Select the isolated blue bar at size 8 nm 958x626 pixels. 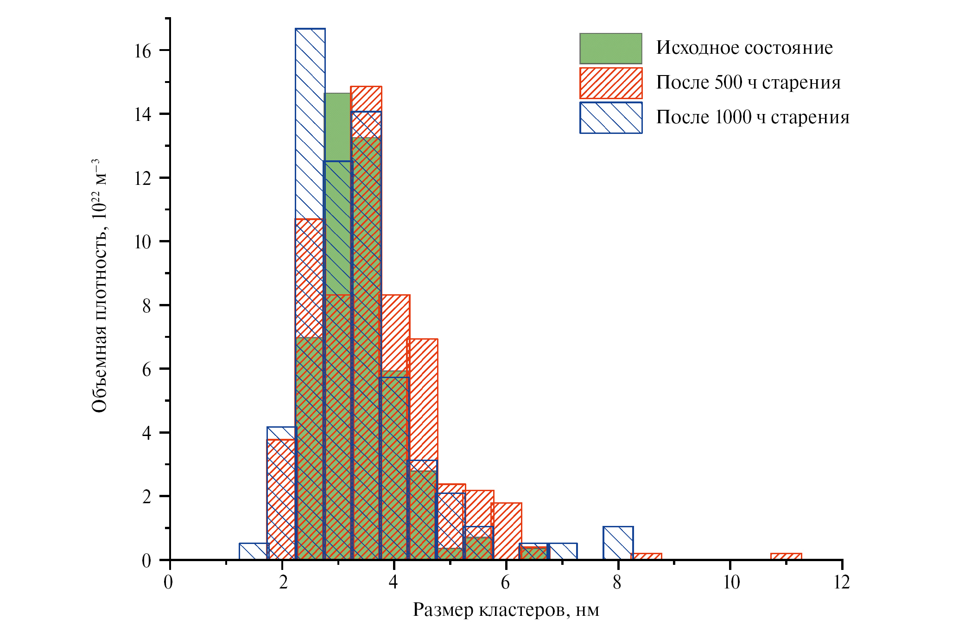coord(618,543)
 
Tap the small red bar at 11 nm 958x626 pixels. coord(786,556)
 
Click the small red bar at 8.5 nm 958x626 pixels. coord(646,556)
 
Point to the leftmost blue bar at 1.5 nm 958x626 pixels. coord(253,551)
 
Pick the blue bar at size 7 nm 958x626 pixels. coord(563,551)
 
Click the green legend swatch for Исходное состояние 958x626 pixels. coord(610,48)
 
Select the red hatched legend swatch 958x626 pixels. coord(610,83)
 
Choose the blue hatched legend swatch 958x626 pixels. coord(610,118)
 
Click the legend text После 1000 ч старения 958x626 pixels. coord(752,117)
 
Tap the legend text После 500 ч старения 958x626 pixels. coord(748,82)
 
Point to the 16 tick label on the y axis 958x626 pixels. coord(143,51)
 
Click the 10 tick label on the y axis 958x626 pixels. coord(143,242)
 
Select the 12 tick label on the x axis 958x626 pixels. coord(841,582)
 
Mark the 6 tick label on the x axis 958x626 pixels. coord(506,582)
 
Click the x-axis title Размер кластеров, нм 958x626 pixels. coord(506,610)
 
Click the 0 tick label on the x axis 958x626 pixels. coord(169,582)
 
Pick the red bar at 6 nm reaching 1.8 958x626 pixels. coord(507,531)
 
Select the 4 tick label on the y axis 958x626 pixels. coord(146,433)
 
